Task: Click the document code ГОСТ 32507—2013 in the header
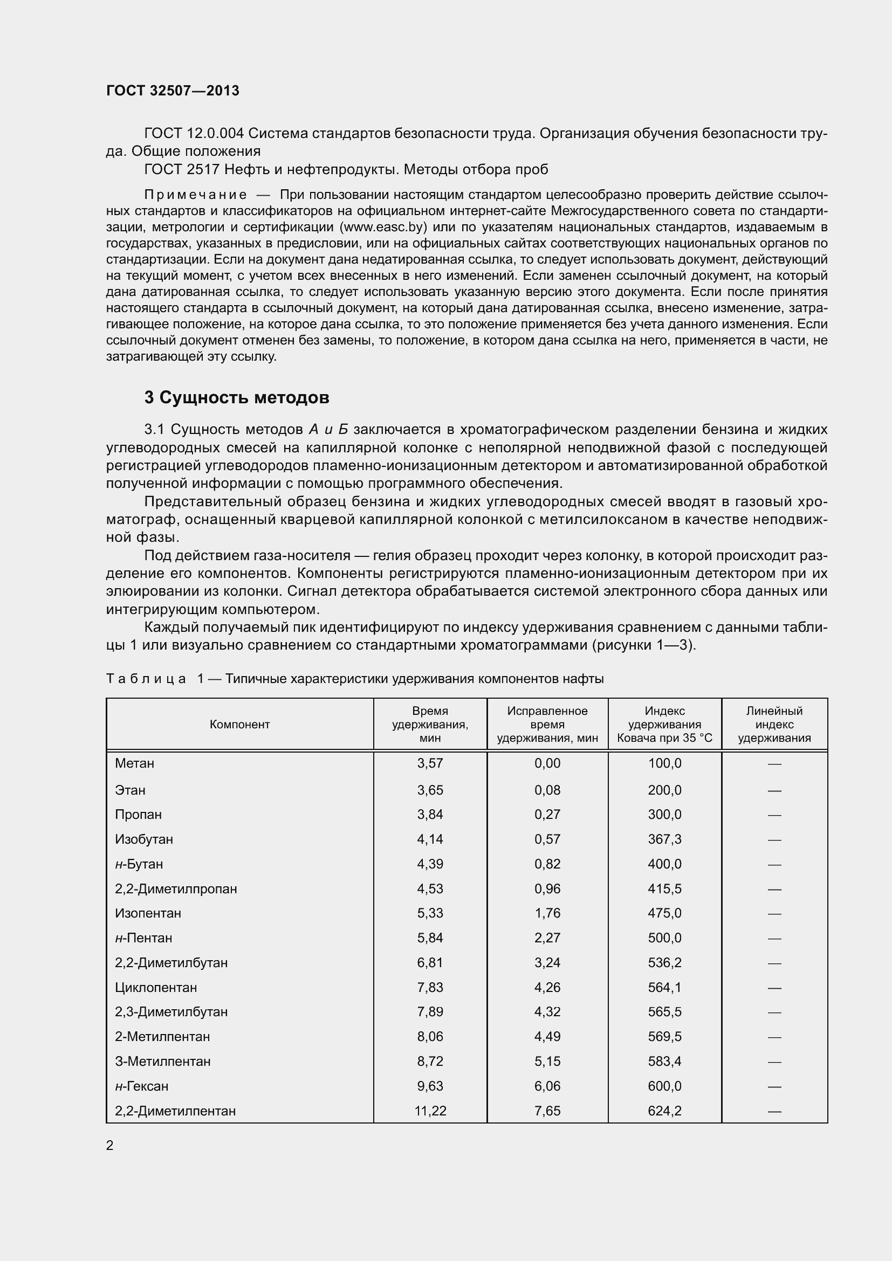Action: [173, 91]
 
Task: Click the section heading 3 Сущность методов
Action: [237, 397]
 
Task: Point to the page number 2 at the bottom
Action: [110, 1145]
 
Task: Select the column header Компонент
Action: [239, 725]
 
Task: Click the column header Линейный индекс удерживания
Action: [774, 725]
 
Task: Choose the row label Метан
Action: [135, 763]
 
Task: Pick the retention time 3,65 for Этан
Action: [430, 790]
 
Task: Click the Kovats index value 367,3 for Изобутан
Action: [664, 839]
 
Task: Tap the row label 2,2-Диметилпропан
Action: [176, 888]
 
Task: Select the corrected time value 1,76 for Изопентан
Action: [547, 913]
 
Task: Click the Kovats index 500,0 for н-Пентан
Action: [664, 938]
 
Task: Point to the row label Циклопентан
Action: [156, 988]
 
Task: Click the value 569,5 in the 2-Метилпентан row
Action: [664, 1036]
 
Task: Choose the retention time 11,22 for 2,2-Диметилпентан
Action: [430, 1111]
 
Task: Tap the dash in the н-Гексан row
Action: [774, 1086]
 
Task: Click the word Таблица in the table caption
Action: [146, 679]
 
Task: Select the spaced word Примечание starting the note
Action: [196, 195]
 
